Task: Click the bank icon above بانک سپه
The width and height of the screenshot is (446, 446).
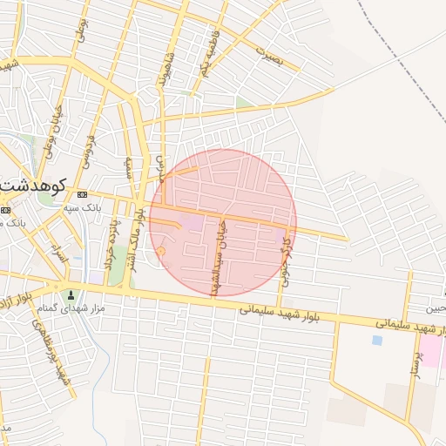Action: pyautogui.click(x=83, y=194)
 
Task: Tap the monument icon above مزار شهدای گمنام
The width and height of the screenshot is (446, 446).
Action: pyautogui.click(x=71, y=294)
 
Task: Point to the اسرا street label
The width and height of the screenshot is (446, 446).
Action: pyautogui.click(x=58, y=254)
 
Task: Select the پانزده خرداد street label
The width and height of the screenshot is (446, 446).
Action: pyautogui.click(x=111, y=244)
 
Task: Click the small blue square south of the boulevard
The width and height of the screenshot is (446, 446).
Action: pyautogui.click(x=376, y=340)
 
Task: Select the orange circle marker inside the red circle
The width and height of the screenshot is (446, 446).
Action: pyautogui.click(x=160, y=251)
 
